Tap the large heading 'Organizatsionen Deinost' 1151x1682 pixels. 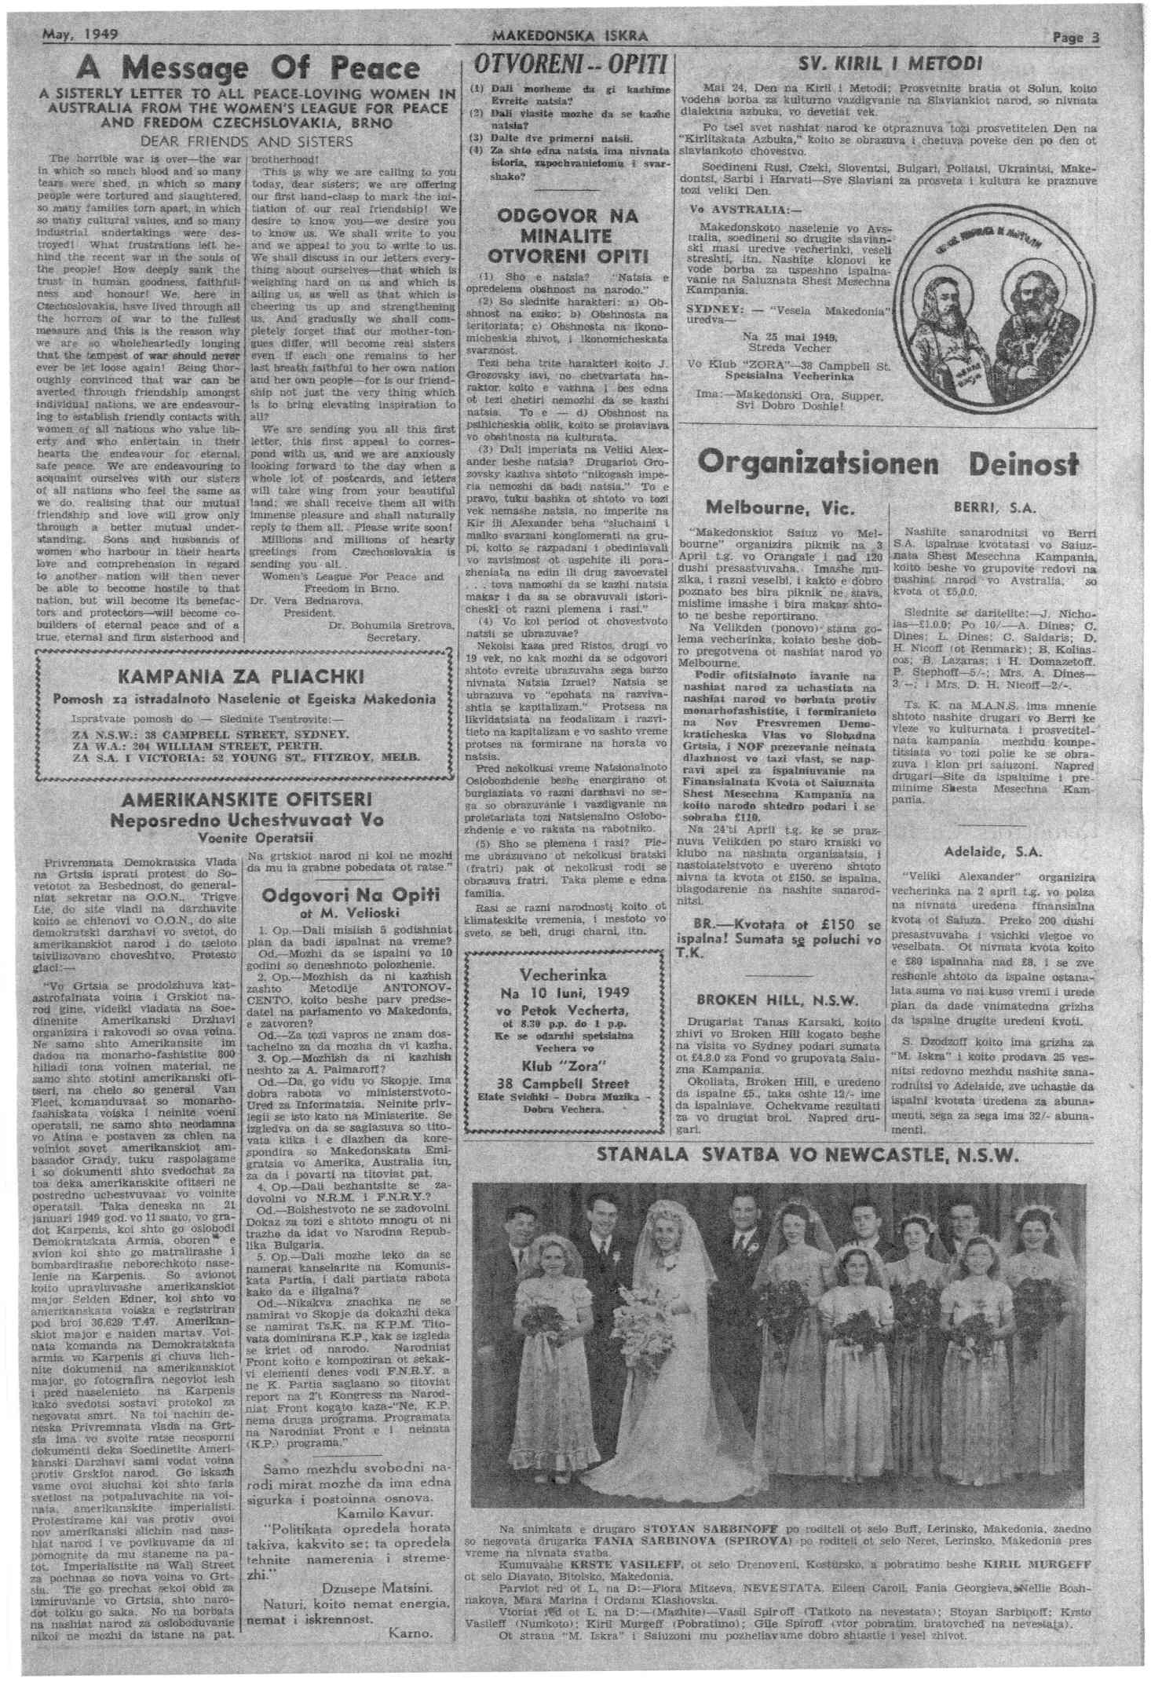[887, 463]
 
